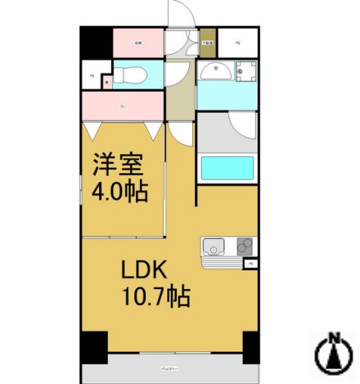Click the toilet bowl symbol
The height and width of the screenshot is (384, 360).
130,76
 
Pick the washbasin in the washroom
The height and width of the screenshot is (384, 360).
215,70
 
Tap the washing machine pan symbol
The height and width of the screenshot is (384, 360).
245,71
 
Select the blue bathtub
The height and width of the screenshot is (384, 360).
227,168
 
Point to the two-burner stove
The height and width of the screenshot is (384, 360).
245,245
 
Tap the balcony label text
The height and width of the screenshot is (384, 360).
169,372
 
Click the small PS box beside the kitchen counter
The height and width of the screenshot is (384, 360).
250,264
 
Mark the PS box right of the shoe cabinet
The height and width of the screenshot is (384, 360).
238,42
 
